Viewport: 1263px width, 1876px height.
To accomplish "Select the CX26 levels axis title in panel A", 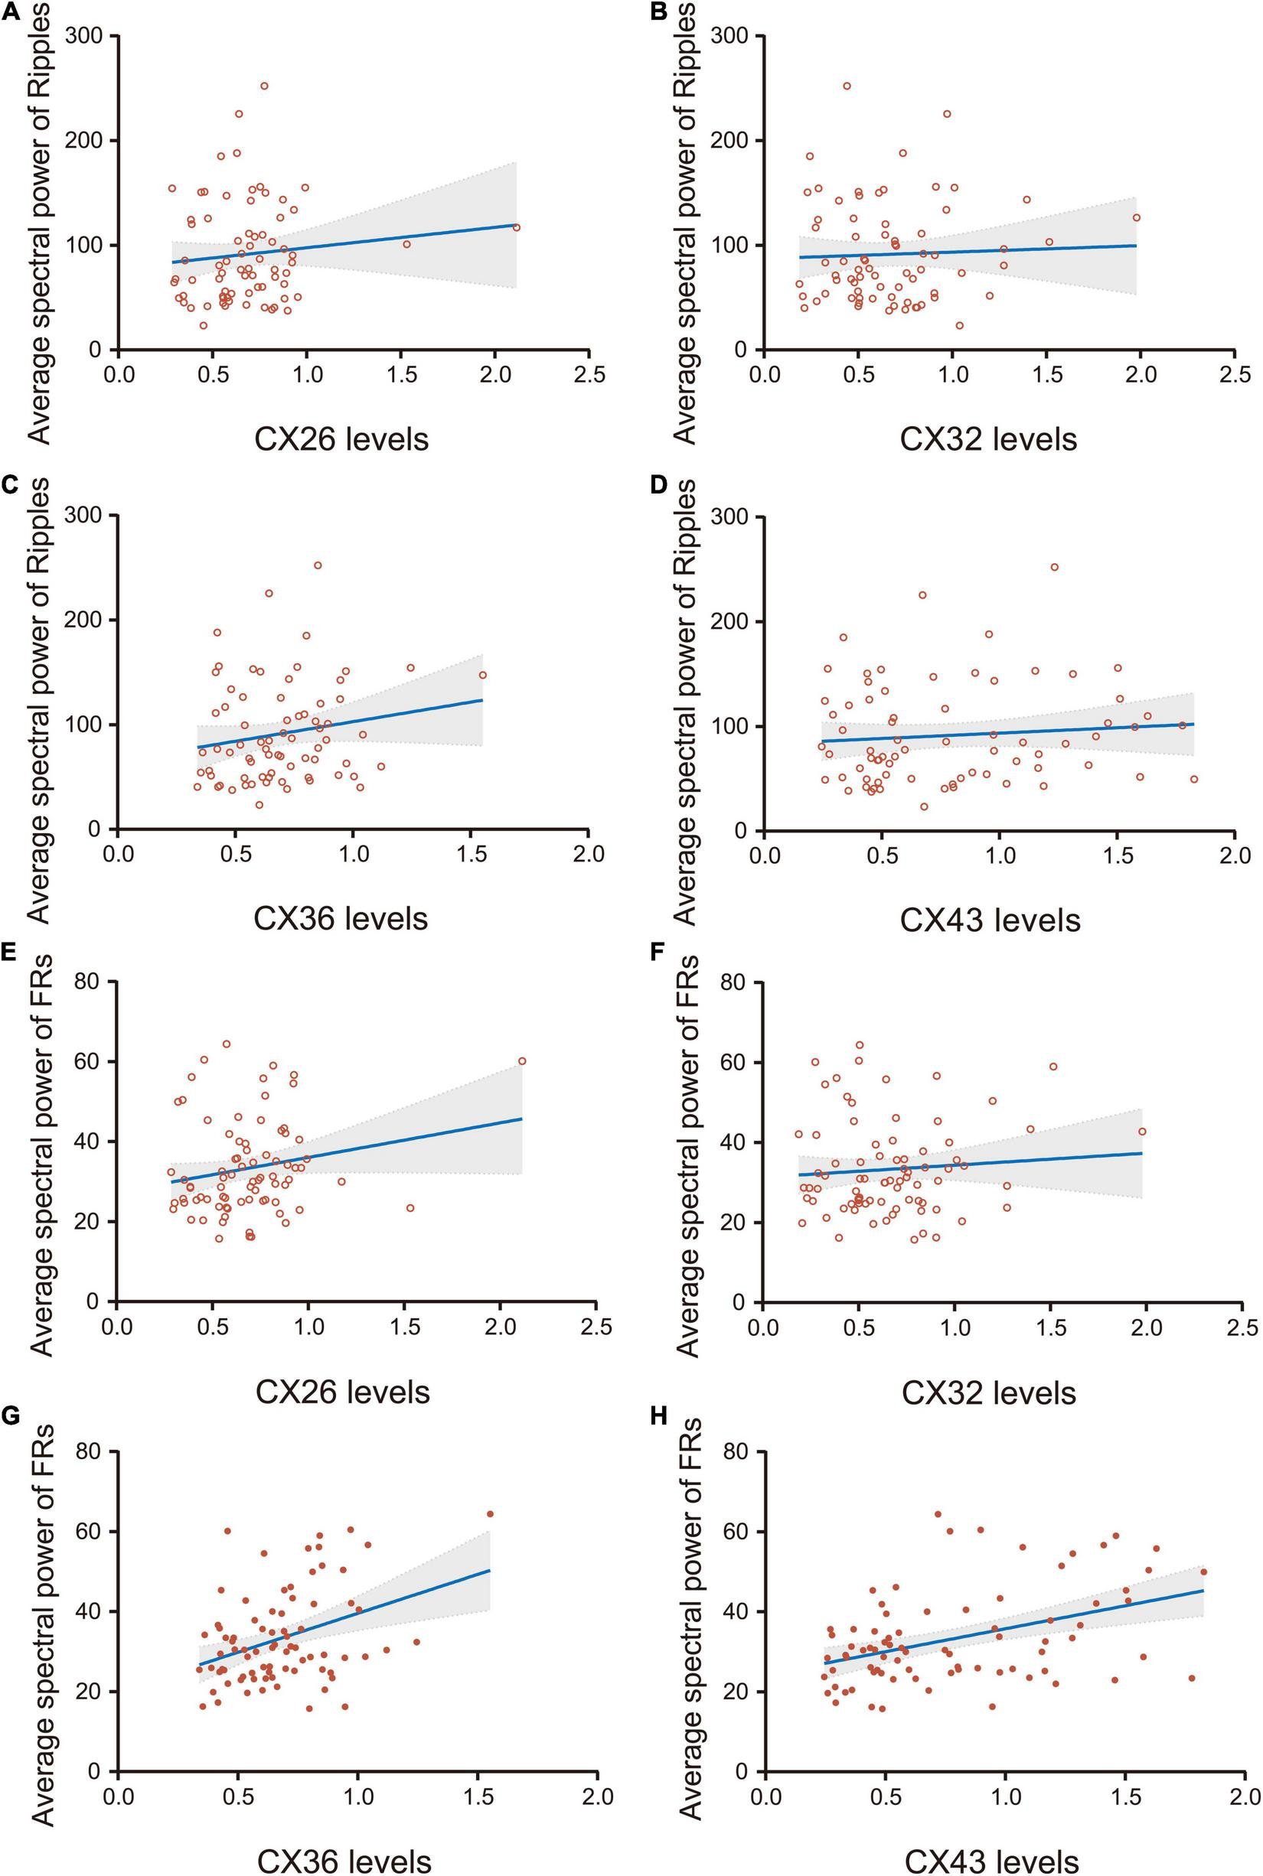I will (341, 440).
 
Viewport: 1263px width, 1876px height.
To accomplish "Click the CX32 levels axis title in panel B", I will (988, 440).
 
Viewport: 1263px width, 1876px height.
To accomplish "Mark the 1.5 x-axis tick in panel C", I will (472, 855).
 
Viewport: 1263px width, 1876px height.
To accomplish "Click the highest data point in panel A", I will (263, 86).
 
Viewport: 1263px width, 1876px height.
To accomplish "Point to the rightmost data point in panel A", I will (517, 227).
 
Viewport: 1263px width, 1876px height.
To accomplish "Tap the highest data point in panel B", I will (847, 86).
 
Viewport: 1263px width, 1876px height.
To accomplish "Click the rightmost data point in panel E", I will (522, 1061).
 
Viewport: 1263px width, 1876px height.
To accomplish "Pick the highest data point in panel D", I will (1054, 568).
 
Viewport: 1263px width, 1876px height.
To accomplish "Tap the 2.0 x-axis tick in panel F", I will (1145, 1326).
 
